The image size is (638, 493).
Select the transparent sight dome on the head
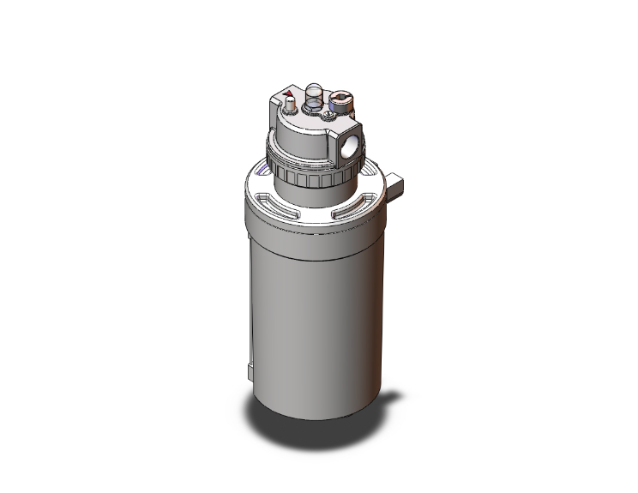315,92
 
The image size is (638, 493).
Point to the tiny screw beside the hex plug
328,111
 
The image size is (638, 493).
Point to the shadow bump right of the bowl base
391,396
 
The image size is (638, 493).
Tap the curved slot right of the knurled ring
370,183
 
